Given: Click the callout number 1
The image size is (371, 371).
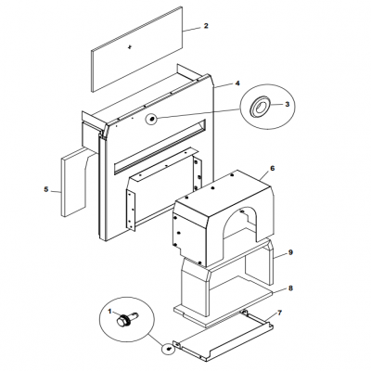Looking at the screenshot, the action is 109,311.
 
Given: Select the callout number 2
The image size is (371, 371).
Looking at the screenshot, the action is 206,26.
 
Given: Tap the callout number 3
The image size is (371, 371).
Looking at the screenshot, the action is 288,104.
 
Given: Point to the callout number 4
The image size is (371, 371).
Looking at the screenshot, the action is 237,83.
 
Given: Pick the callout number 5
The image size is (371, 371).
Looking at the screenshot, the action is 46,189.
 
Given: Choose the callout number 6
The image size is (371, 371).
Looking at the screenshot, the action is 272,169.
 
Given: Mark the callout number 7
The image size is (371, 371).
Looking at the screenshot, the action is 280,313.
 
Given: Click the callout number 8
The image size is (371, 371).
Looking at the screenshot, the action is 290,288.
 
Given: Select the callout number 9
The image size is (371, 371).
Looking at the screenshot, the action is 290,252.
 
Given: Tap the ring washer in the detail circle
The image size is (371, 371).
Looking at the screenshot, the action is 261,107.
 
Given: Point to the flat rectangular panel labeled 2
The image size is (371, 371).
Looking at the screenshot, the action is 136,49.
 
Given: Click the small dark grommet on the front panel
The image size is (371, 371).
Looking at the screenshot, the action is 152,119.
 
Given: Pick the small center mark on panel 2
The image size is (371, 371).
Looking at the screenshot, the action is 130,47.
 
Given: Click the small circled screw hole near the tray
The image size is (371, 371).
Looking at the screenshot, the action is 169,349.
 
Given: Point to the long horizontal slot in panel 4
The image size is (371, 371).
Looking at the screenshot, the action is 160,146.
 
